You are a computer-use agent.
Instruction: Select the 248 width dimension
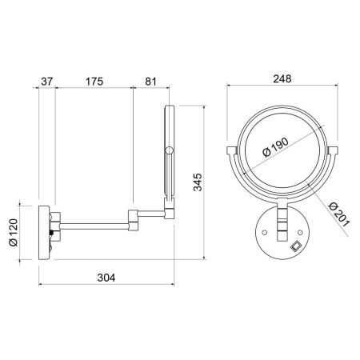click(x=281, y=78)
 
